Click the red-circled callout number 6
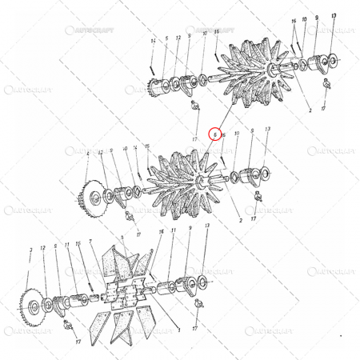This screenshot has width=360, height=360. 214,134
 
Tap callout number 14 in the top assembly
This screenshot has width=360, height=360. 152,40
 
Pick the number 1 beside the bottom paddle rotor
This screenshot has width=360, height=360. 178,329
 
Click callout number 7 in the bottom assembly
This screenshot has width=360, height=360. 92,240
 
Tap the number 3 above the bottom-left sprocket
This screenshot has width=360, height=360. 31,250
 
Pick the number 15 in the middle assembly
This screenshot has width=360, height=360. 146,146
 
